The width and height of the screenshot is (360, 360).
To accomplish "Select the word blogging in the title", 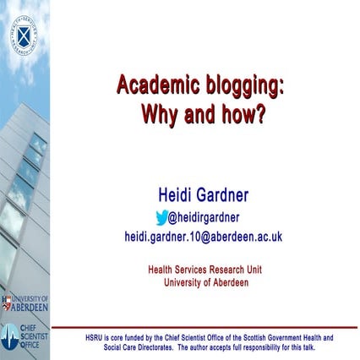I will click(240, 85).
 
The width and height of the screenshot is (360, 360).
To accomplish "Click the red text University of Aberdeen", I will click(206, 282).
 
